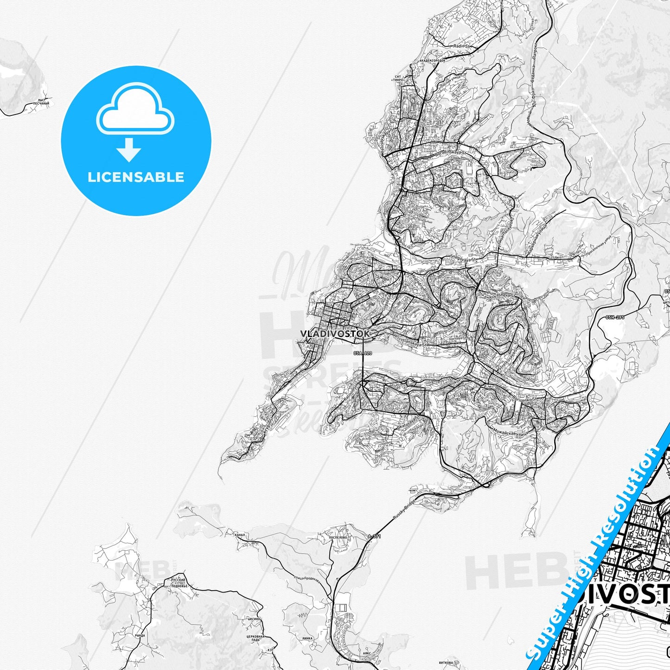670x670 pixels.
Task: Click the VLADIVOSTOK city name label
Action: click(335, 333)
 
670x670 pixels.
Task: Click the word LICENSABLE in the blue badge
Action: click(136, 177)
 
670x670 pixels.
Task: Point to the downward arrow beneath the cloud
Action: click(129, 150)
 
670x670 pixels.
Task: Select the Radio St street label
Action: click(461, 46)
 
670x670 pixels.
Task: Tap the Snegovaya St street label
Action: click(464, 260)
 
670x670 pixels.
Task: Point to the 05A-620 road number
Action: click(363, 353)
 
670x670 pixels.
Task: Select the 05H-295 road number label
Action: click(615, 318)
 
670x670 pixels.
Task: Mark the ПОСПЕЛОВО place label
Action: click(337, 537)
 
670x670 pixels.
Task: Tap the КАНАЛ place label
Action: click(240, 535)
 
